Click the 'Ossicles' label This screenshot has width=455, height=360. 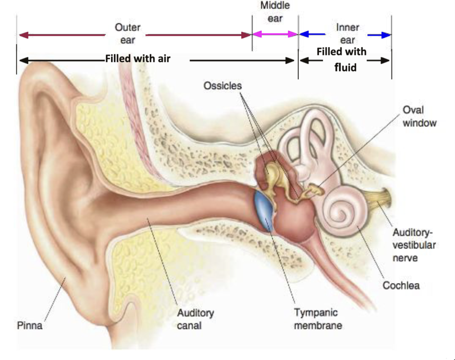point(222,86)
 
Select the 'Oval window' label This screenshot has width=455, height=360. point(419,116)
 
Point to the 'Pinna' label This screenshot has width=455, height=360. point(30,325)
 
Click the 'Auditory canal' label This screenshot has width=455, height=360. point(195,319)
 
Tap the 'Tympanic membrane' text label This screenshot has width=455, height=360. point(317,319)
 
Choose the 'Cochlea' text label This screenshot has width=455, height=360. point(401,285)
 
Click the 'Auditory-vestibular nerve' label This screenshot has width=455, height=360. point(414,245)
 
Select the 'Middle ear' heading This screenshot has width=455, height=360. point(275,12)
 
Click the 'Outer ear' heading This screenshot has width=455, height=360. point(127,34)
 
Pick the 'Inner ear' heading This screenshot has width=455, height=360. point(347,34)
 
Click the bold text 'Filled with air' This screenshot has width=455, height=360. point(138,59)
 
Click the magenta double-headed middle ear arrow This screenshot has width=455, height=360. point(275,34)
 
